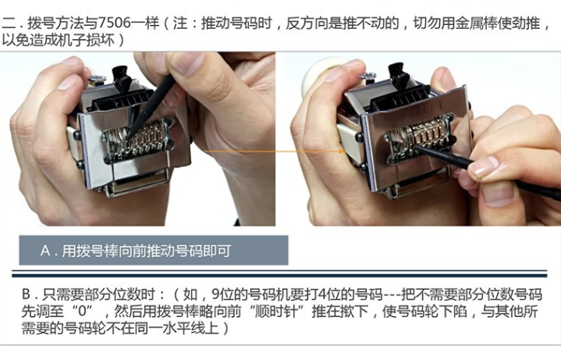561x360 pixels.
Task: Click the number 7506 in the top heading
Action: click(115, 23)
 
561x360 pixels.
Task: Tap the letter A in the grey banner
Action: click(45, 251)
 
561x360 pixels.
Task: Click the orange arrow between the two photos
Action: click(275, 151)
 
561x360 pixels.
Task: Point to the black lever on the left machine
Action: click(122, 78)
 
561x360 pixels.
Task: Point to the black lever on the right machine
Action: click(398, 76)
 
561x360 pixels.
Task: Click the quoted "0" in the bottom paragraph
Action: click(83, 311)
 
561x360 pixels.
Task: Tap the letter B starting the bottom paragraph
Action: click(26, 294)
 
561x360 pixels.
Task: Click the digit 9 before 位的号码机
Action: click(215, 294)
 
